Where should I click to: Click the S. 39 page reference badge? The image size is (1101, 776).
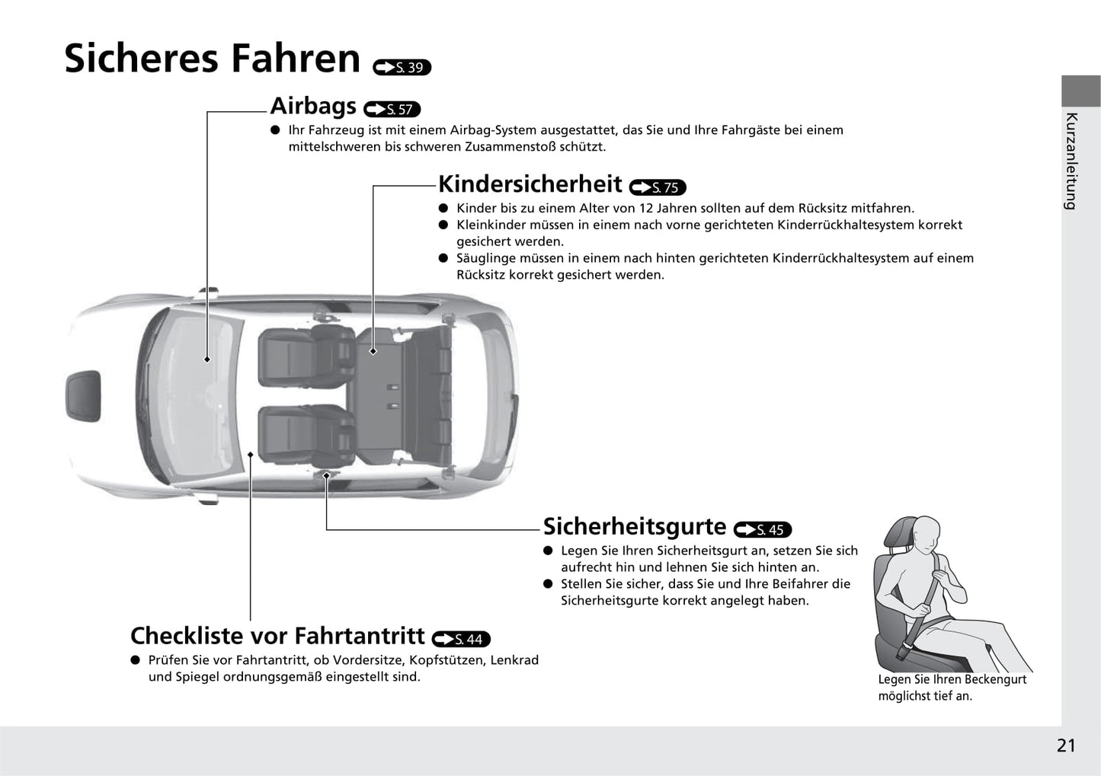402,67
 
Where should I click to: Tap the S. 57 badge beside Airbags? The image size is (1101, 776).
392,109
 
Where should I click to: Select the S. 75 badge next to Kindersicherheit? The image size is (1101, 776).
657,187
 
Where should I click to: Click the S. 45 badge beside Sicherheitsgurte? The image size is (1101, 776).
763,529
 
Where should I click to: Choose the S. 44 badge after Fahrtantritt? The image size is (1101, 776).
461,639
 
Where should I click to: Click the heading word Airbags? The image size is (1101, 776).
313,106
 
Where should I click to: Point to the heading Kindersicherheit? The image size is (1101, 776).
530,184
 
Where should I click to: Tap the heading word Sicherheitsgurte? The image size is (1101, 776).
635,526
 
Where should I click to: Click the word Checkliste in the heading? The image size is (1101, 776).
187,636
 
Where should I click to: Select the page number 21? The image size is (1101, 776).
1066,746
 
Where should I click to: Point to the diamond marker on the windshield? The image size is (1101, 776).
207,359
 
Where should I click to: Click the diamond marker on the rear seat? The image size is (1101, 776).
373,351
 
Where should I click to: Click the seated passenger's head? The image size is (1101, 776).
925,535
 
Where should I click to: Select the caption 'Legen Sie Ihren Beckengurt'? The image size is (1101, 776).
952,679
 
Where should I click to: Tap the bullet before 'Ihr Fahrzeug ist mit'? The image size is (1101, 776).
275,130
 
